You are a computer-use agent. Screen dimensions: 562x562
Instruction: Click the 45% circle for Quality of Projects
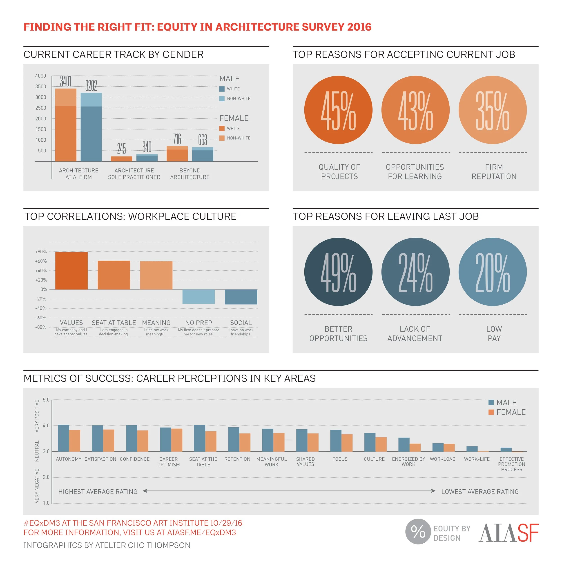[338, 110]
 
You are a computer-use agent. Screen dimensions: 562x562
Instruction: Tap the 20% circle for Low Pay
[493, 272]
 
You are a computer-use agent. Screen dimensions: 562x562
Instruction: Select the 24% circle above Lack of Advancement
[415, 272]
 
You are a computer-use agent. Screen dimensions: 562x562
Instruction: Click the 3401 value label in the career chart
[66, 81]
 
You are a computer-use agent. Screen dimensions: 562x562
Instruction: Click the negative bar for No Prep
[198, 297]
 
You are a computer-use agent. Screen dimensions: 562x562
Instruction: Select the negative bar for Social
[241, 297]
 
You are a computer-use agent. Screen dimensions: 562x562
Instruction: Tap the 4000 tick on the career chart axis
[41, 76]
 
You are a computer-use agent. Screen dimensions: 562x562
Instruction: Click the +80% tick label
[41, 252]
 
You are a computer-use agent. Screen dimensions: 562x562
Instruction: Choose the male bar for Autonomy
[63, 438]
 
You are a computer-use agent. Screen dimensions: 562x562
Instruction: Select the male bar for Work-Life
[472, 449]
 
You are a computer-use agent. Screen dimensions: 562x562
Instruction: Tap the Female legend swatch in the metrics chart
[491, 412]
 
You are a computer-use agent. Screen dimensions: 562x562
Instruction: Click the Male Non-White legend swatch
[222, 99]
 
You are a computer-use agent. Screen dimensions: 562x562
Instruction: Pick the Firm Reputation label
[494, 172]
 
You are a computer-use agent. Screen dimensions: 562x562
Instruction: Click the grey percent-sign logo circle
[418, 531]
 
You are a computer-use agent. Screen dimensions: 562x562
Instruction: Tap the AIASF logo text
[508, 533]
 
